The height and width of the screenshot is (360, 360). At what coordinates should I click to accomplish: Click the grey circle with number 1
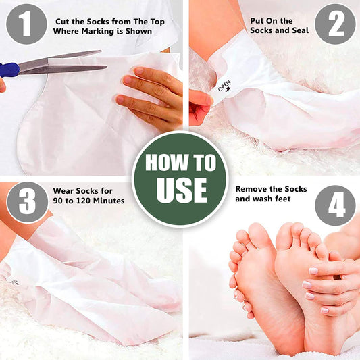coord(26,24)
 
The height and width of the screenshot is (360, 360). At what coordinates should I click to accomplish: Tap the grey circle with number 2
coord(335,24)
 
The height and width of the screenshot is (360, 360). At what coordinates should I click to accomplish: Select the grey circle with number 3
coord(27,202)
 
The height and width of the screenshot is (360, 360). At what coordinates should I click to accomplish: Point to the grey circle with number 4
coord(336,205)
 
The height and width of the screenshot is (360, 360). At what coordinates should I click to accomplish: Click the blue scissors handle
coord(9,70)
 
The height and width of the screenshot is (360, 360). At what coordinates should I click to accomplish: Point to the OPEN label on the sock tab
coord(224,86)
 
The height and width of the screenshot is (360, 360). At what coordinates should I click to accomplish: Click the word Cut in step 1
coord(62,22)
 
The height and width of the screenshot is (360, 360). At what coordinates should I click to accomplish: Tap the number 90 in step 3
coord(58,201)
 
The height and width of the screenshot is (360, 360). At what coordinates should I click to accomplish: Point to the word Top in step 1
coord(158,22)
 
